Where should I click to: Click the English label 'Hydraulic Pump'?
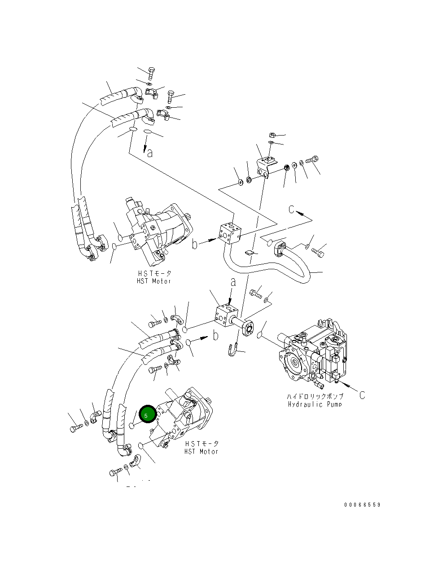pos(315,404)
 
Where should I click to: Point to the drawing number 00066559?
pos(362,504)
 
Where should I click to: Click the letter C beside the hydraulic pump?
pos(362,395)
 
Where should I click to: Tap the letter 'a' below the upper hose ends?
pos(149,153)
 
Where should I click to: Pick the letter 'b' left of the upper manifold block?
pos(195,244)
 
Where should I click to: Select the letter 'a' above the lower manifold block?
pos(233,282)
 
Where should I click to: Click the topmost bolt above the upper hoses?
pos(151,73)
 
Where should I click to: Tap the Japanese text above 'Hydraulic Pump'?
pos(315,397)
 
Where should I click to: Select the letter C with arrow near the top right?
pos(292,209)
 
